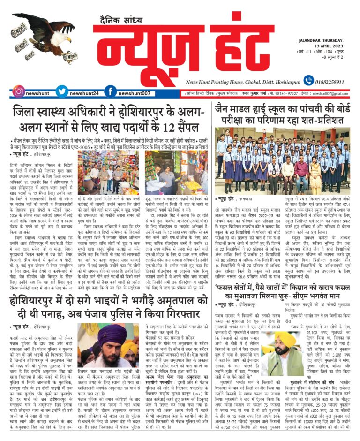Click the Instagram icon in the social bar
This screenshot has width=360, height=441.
click(x=18, y=92)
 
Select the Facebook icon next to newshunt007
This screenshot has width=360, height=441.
click(x=111, y=92)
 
